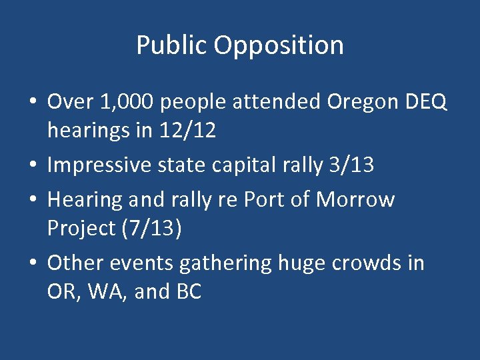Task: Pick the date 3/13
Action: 351,165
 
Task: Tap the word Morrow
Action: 355,199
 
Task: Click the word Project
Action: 77,228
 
